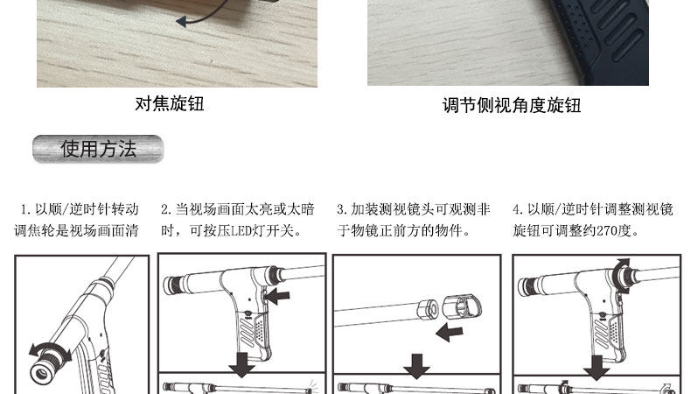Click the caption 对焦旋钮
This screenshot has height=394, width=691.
point(170,103)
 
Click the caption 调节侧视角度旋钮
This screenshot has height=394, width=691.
point(512,105)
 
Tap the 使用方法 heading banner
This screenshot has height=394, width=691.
point(98,149)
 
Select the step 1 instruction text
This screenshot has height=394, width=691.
point(77,220)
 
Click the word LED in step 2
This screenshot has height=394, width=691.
point(241,231)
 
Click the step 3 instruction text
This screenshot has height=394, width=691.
point(414,220)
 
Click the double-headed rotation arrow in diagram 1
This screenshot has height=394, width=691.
point(49,351)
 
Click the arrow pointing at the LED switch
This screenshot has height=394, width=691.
point(278,297)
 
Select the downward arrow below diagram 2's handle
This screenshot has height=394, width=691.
point(241,364)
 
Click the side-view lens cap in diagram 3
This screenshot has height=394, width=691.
point(462,306)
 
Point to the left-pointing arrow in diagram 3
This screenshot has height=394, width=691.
point(449,332)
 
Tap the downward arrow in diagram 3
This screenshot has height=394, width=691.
point(416,366)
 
